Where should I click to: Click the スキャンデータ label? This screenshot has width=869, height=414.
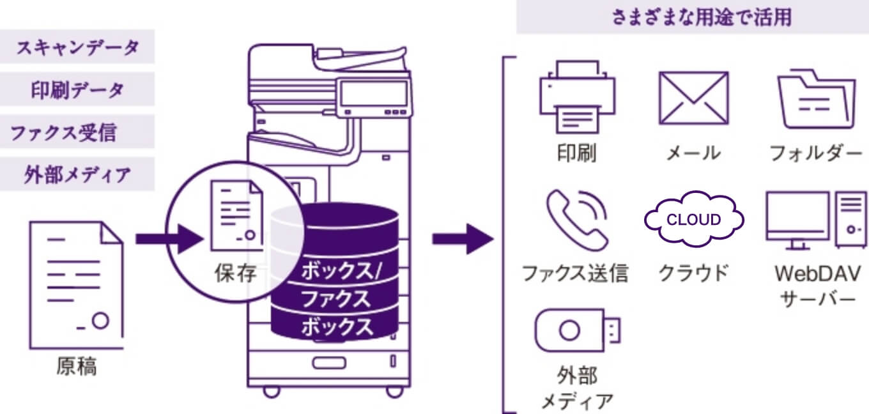(77, 48)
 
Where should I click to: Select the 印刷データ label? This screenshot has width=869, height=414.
(77, 90)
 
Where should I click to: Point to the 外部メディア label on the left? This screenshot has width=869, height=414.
(77, 174)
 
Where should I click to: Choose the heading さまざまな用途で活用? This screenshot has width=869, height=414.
(692, 17)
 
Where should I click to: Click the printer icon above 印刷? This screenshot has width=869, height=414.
(577, 96)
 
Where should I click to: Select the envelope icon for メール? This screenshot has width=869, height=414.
(693, 97)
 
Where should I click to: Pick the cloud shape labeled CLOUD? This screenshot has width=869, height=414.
(693, 220)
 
